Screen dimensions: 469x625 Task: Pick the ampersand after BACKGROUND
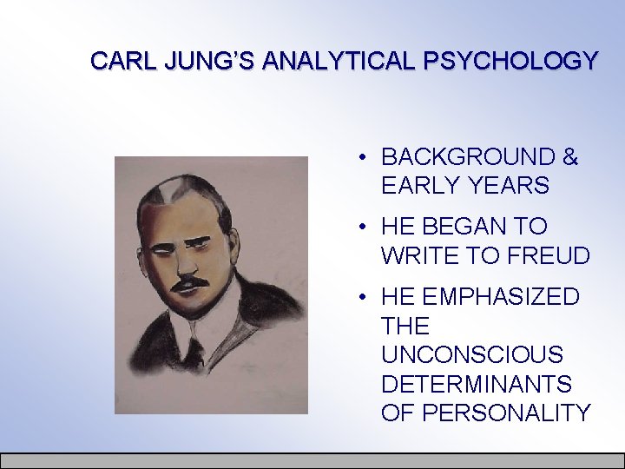click(569, 157)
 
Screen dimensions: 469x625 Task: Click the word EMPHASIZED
click(501, 297)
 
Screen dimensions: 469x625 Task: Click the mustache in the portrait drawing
click(191, 285)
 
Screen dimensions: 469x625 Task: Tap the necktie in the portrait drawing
click(195, 352)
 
